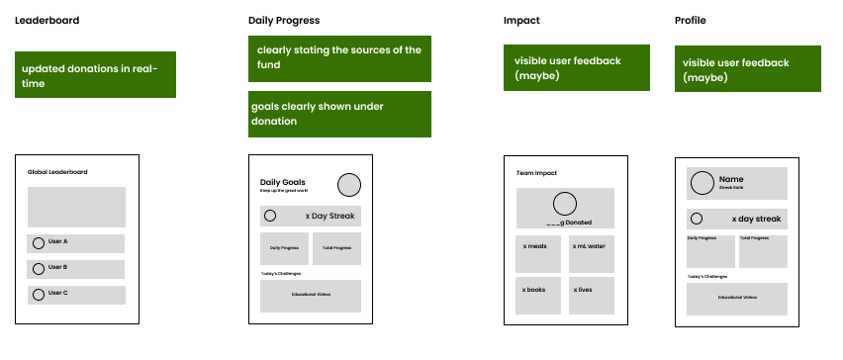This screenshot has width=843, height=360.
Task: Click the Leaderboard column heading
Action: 47,21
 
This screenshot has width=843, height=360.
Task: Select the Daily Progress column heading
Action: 284,21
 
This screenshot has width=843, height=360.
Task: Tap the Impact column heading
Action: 521,21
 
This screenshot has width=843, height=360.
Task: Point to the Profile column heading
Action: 691,21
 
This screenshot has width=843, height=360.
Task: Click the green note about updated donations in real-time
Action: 95,75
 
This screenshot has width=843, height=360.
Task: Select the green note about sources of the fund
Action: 339,57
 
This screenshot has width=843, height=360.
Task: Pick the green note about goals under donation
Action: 339,114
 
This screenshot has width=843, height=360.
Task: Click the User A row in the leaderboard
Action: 76,243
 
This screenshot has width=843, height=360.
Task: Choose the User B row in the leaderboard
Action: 76,268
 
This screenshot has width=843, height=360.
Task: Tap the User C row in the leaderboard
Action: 76,294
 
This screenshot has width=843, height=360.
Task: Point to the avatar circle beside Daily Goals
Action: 348,185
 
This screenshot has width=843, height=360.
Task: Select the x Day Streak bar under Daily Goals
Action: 311,216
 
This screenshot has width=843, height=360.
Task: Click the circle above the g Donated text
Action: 565,205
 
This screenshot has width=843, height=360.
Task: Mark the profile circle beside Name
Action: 702,183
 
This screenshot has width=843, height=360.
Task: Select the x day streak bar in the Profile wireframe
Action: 737,219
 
